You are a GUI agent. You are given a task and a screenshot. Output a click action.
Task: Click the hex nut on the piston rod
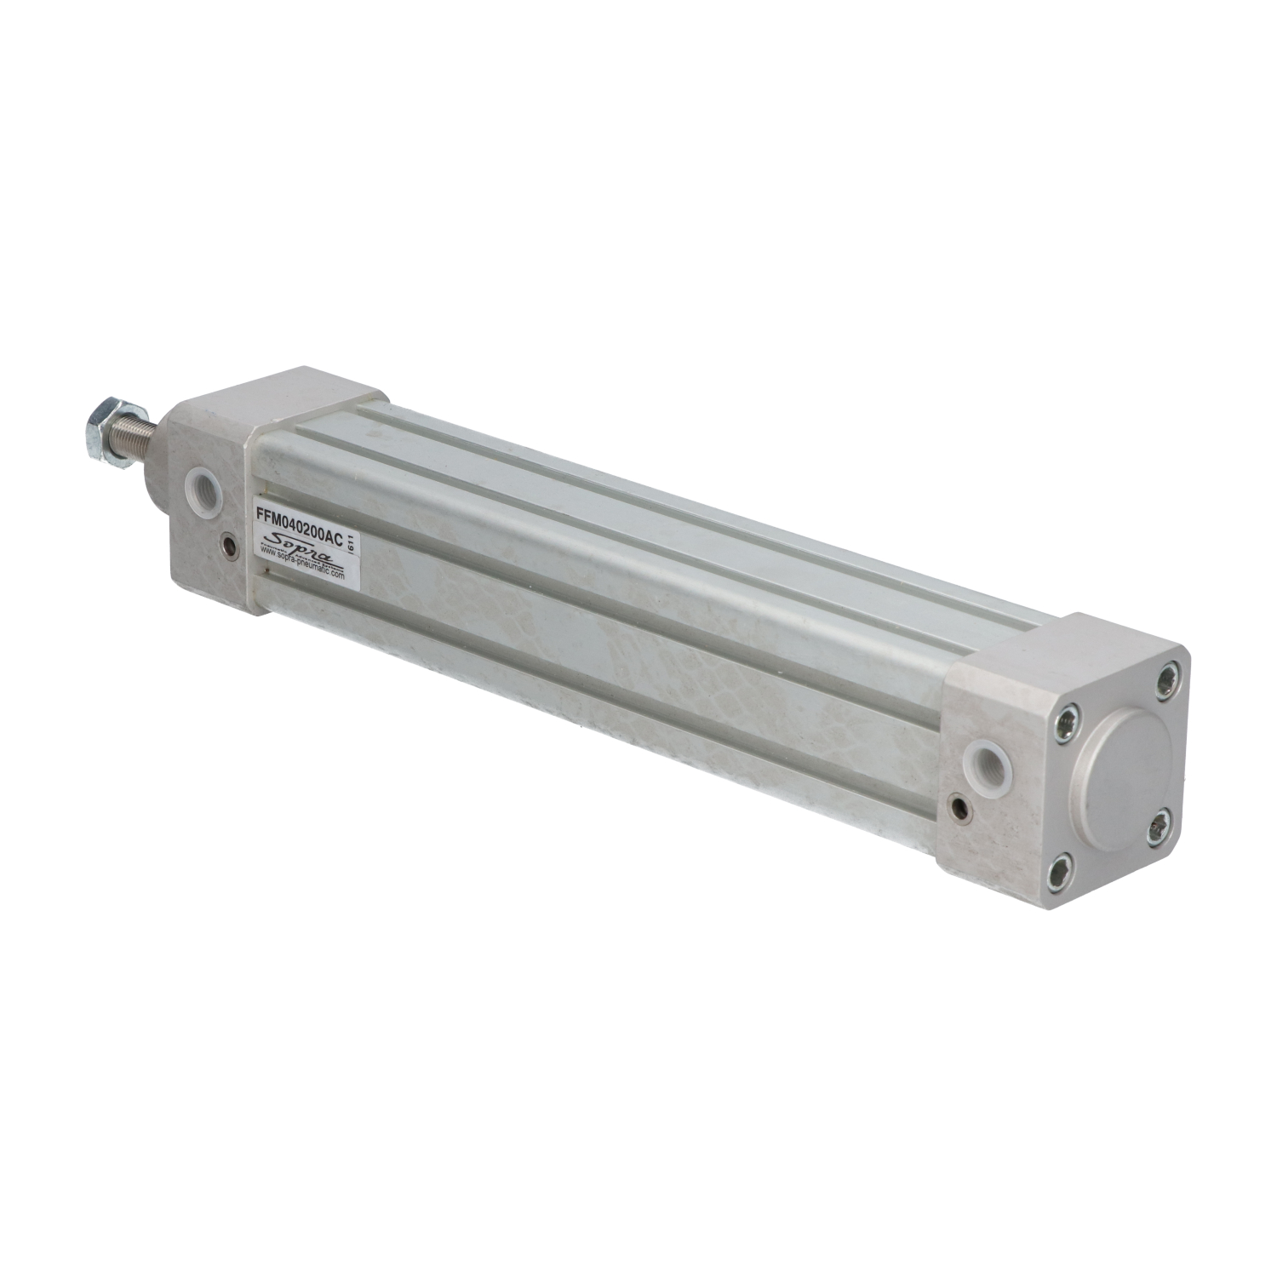[106, 420]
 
